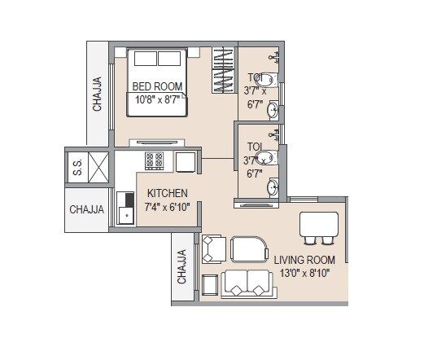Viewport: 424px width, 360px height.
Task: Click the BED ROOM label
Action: [159, 86]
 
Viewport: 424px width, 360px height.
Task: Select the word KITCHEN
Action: [167, 194]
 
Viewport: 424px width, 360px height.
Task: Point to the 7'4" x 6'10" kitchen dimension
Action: [167, 208]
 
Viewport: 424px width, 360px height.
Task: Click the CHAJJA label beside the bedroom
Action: [97, 94]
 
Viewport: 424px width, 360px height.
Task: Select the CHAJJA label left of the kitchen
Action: [86, 209]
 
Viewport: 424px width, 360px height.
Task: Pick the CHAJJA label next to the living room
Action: [182, 266]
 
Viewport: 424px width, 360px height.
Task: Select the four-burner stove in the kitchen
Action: [155, 160]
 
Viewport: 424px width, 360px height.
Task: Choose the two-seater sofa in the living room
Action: [247, 283]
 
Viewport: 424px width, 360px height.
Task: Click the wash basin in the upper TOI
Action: [274, 110]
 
